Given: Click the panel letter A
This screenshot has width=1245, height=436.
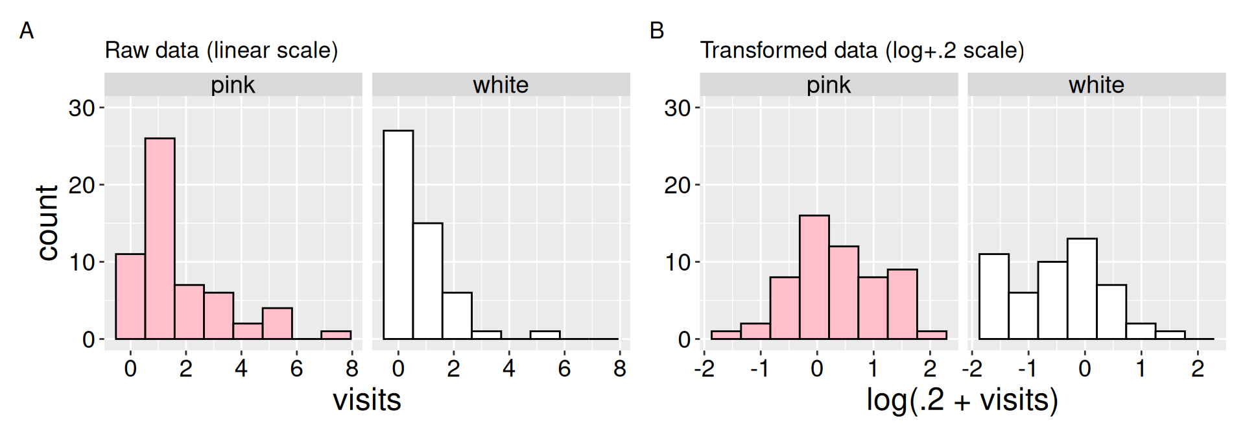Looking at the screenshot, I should (27, 30).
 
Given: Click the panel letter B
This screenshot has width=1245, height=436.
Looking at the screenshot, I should (656, 30).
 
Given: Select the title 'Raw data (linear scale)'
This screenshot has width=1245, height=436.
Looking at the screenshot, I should (221, 51).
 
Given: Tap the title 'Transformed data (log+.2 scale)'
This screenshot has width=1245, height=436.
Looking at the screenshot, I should (862, 51).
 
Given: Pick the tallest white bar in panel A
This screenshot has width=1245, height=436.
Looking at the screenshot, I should (398, 234).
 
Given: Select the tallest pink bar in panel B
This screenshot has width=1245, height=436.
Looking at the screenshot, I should (814, 277).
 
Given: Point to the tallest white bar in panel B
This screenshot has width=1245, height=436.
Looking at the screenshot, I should (1082, 289).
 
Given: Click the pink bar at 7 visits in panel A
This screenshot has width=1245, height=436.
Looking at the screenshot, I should (336, 335).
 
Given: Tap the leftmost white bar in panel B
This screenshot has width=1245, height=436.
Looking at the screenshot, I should (993, 297).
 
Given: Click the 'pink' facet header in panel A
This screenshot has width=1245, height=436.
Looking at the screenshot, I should (233, 85).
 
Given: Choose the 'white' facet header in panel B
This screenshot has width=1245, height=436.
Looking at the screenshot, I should (1096, 85).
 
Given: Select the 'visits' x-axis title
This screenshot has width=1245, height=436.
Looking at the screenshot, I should (366, 400).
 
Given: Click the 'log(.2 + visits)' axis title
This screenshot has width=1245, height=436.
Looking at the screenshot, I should (962, 400).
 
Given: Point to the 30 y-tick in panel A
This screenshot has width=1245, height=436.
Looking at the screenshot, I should (82, 108).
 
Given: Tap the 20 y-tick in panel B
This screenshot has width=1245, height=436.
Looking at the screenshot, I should (677, 186).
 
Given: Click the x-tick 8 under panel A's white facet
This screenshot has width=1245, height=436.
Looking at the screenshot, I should (619, 369).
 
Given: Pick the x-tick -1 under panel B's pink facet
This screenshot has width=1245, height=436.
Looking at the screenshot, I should (759, 369).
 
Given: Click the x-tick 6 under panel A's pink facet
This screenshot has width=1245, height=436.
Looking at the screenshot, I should (296, 369).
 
